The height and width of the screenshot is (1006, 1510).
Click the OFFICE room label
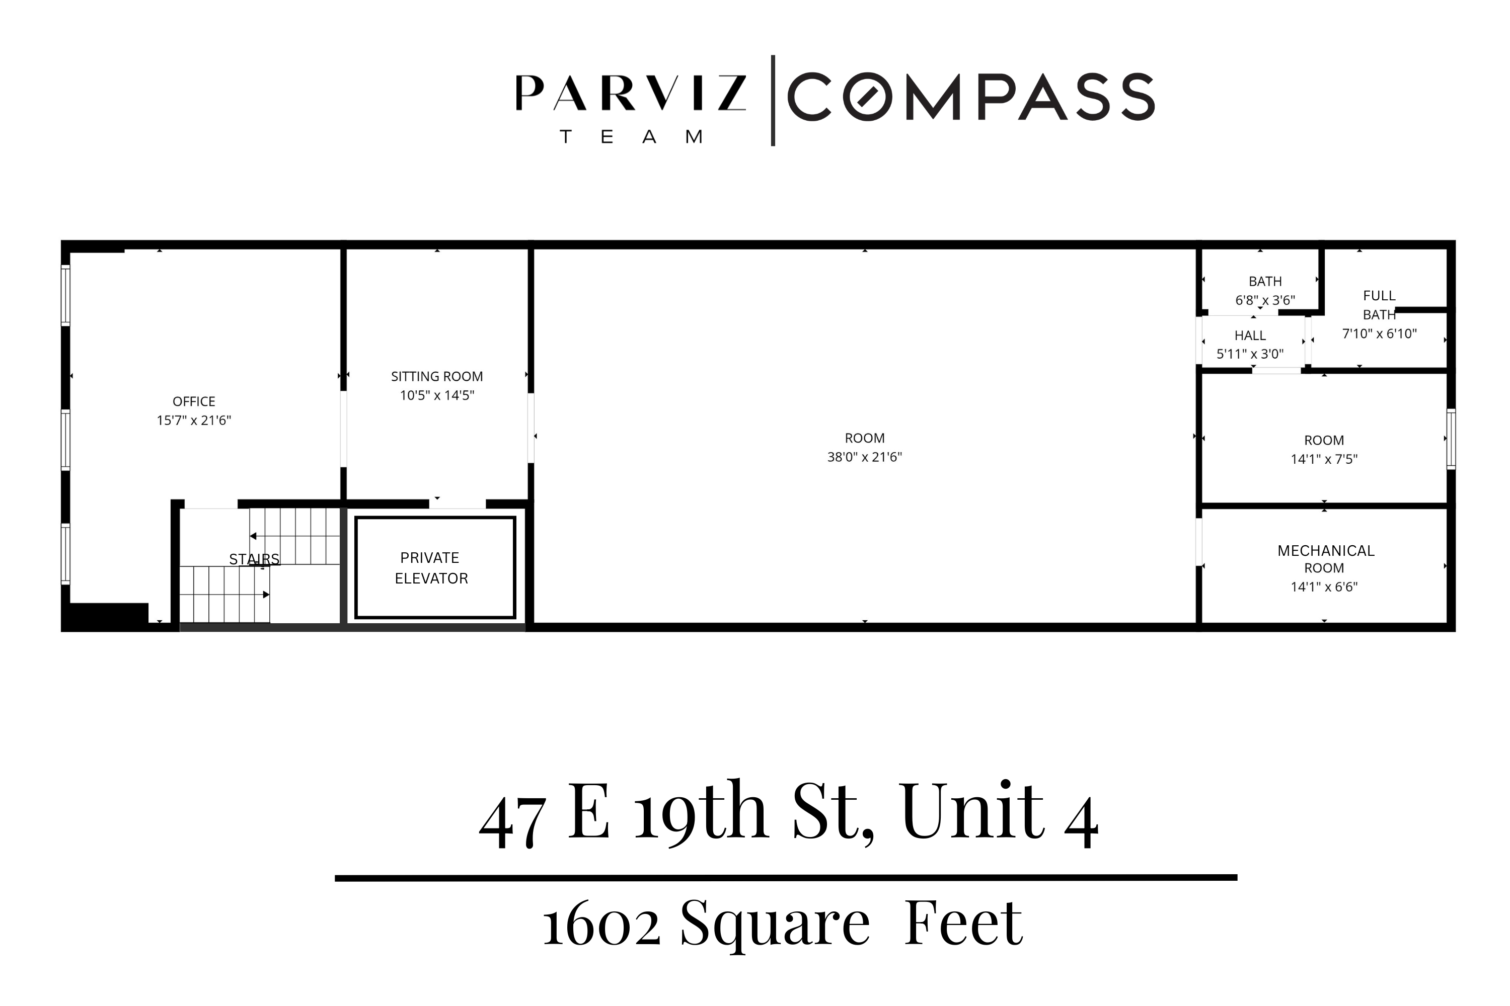194,401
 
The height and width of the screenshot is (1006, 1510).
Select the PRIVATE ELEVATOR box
435,568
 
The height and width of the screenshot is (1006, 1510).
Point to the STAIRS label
254,559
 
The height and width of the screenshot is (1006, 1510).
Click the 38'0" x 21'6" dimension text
864,457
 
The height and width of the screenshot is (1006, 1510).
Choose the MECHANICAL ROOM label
1325,559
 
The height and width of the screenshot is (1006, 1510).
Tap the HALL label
1249,336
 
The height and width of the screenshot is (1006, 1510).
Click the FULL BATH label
1379,305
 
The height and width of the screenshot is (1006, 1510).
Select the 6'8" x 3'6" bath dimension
1265,300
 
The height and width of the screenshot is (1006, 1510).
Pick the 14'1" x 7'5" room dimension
1324,459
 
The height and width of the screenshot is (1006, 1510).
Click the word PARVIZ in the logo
631,94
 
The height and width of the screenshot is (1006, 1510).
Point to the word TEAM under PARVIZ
631,137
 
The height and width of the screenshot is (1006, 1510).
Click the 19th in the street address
701,813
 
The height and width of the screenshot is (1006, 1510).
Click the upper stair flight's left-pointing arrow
254,536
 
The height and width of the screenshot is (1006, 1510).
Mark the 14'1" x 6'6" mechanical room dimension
1324,587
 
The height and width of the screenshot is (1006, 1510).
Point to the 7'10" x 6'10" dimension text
1379,333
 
